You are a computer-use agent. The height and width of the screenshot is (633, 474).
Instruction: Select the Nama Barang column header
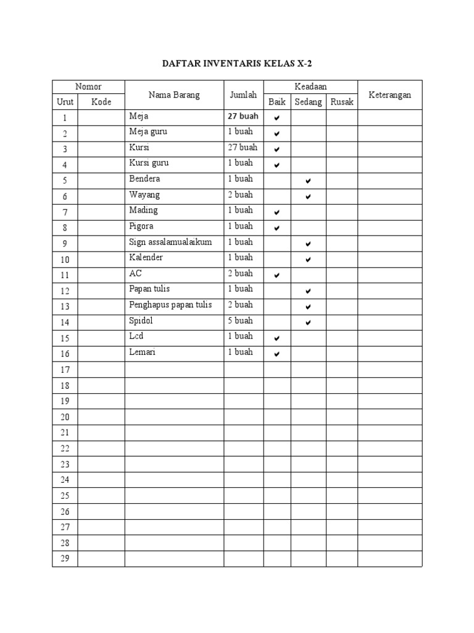(x=174, y=95)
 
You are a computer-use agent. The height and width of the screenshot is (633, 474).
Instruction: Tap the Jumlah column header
(x=243, y=95)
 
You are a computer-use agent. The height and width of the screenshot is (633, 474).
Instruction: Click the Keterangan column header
(x=389, y=95)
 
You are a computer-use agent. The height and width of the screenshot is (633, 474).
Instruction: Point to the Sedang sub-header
(x=308, y=102)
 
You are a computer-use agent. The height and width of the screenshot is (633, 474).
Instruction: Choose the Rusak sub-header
(x=342, y=102)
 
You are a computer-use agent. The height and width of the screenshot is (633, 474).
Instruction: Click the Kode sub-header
(x=101, y=102)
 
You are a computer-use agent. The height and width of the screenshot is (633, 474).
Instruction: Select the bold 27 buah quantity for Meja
(x=243, y=116)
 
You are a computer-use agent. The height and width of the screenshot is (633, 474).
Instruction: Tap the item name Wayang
(x=144, y=195)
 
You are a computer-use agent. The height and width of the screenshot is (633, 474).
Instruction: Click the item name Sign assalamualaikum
(x=170, y=242)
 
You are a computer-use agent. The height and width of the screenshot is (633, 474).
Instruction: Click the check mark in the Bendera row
(x=308, y=181)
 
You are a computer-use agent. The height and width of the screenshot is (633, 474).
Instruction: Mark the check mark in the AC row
(x=277, y=275)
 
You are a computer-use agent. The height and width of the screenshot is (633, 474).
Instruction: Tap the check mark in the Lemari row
(x=277, y=354)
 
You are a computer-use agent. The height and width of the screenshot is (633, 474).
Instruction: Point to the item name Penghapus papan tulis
(x=170, y=305)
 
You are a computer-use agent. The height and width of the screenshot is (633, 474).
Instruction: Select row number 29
(x=65, y=559)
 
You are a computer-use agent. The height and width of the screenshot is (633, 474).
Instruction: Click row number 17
(x=65, y=370)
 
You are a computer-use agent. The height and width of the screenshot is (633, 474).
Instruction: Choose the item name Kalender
(x=146, y=257)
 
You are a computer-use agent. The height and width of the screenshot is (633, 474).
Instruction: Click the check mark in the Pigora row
(x=277, y=227)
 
